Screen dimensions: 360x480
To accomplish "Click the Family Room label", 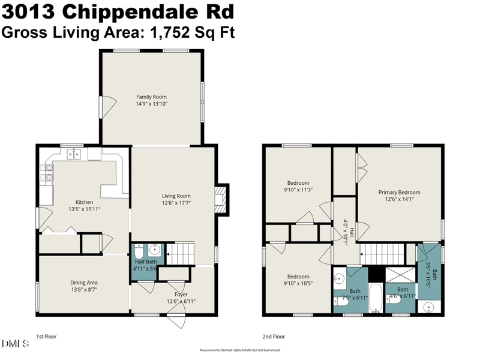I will coord(151,97).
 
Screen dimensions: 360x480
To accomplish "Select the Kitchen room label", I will coord(84,202).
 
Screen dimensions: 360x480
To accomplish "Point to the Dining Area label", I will coord(84,283).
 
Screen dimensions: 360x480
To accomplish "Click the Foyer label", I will coord(182,294).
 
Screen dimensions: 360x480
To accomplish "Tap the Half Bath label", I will coord(145,262).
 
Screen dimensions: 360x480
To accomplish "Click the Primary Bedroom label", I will coord(399,193).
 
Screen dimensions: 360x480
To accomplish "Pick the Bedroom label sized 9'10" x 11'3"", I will coord(298,183).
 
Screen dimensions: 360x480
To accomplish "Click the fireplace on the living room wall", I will coord(222,197).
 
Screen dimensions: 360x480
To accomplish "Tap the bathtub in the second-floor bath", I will coord(376,298).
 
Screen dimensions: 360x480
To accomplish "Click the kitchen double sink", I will coord(74,155).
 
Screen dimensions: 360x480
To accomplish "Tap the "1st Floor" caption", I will coord(47,337).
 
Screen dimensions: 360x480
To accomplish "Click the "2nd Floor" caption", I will coord(274,337).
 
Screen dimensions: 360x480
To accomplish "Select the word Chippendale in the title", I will coord(134,11).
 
